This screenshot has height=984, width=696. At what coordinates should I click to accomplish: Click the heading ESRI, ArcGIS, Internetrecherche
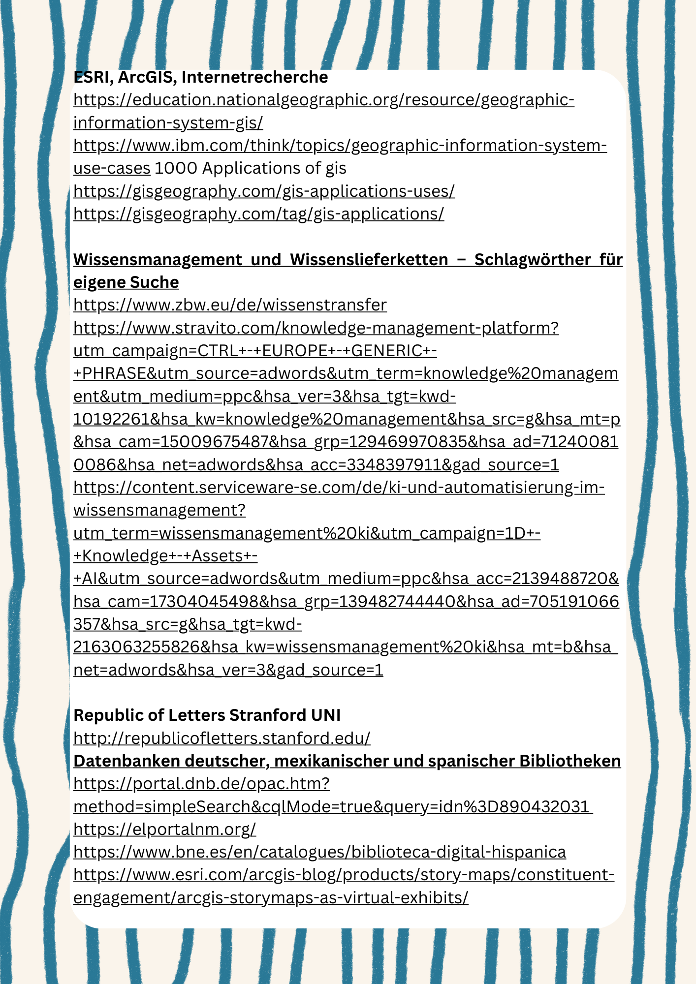(200, 77)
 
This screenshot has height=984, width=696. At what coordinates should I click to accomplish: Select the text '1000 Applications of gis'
(251, 168)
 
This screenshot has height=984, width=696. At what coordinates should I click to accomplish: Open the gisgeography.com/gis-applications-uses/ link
(264, 191)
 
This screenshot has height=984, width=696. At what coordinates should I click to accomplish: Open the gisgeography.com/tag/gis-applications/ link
(258, 214)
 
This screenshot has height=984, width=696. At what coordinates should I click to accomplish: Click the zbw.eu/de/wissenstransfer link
(230, 305)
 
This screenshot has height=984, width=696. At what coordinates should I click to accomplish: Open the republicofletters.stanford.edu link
(221, 738)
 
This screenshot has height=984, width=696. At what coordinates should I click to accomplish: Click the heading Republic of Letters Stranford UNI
(207, 715)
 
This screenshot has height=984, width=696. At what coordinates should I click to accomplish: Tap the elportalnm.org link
(164, 829)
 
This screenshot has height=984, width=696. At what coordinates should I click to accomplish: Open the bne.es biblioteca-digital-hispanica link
(319, 852)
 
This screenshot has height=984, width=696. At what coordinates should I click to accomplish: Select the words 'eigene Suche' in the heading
(126, 282)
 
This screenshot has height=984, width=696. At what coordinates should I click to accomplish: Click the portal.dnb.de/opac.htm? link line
(201, 783)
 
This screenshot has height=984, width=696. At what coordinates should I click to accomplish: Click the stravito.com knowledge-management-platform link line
(316, 328)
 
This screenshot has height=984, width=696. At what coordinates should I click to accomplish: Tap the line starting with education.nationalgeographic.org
(323, 100)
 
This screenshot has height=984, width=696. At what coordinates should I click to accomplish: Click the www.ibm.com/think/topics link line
(340, 146)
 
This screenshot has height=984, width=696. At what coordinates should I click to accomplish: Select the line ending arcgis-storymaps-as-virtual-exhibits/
(270, 897)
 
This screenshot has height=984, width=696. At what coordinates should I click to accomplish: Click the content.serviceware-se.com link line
(339, 487)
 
